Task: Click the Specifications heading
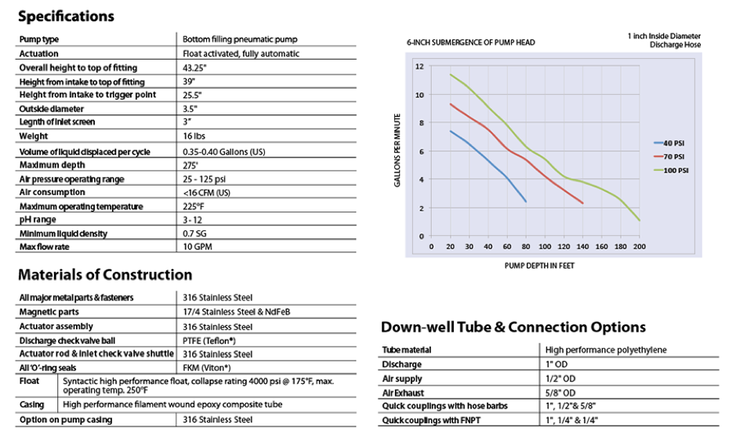[x=66, y=16]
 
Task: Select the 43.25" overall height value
[x=195, y=67]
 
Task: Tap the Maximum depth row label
[x=53, y=165]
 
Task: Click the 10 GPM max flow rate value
[x=198, y=247]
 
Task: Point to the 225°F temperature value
[x=195, y=206]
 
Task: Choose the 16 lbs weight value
[x=195, y=136]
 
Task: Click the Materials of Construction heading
[x=104, y=275]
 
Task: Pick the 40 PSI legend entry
[x=671, y=143]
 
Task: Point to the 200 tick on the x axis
[x=640, y=245]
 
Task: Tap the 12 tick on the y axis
[x=419, y=66]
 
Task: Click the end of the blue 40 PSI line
[x=526, y=201]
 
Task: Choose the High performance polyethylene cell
[x=605, y=350]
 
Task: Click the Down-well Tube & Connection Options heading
[x=513, y=327]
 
